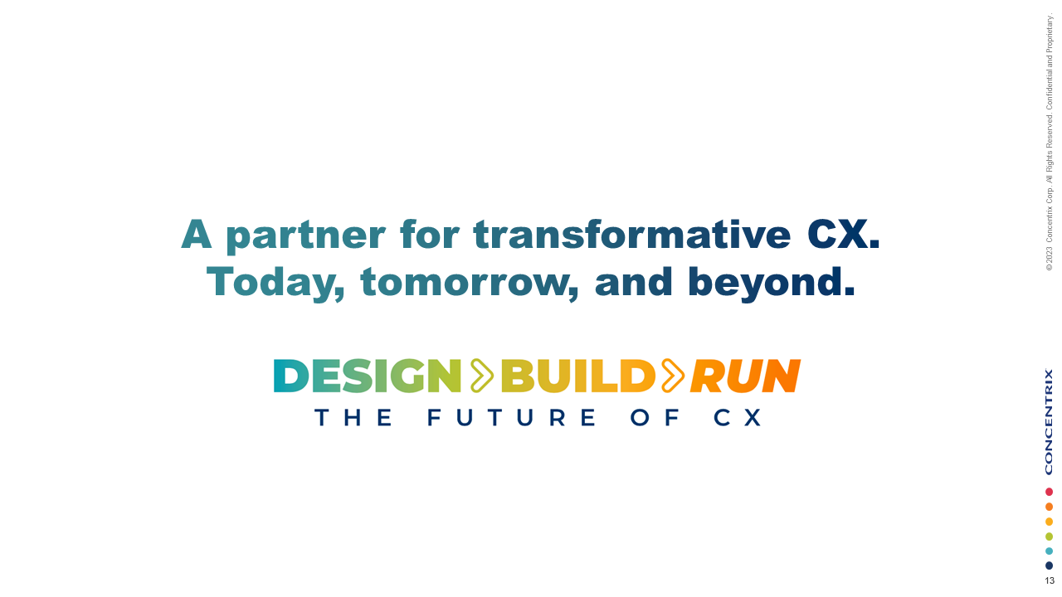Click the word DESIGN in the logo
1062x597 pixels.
[x=367, y=376]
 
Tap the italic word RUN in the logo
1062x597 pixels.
[x=744, y=376]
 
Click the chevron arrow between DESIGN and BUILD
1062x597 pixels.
[x=481, y=376]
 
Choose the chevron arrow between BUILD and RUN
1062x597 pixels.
[x=672, y=376]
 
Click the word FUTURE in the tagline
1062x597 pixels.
[x=512, y=417]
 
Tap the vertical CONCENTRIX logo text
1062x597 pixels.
[x=1049, y=421]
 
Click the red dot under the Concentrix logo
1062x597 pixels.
[x=1049, y=492]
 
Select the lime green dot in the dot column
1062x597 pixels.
[x=1049, y=536]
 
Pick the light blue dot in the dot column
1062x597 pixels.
[x=1049, y=551]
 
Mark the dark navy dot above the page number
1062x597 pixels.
[x=1049, y=565]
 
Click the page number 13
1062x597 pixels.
[x=1050, y=581]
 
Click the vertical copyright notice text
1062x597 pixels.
[x=1050, y=141]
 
